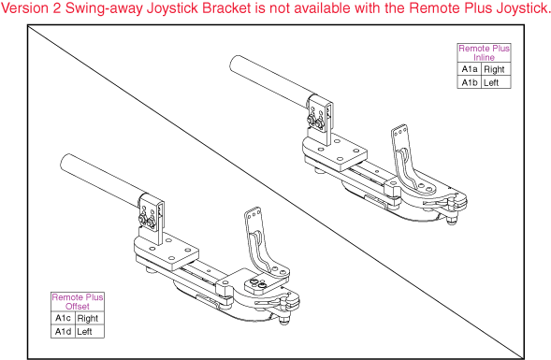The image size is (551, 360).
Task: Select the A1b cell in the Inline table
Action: [469, 82]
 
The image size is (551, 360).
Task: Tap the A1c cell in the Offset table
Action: [63, 319]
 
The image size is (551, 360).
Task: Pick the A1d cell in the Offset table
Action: [63, 331]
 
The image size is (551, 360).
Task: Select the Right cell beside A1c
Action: [89, 319]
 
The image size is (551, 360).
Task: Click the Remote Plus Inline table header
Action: [484, 52]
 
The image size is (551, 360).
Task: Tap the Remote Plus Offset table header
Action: [78, 301]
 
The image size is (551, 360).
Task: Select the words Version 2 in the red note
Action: [33, 9]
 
